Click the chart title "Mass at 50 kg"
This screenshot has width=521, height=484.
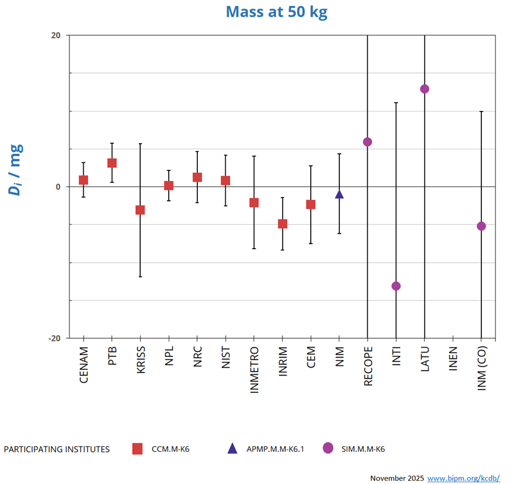tap(276, 12)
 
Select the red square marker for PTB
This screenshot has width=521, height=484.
tap(112, 163)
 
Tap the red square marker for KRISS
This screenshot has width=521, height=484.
tap(140, 210)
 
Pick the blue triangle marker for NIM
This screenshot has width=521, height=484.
tap(339, 195)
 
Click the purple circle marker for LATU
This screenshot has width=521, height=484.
tap(425, 89)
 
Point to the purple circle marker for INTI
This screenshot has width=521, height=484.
tap(396, 286)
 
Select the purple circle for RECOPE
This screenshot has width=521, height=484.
tap(368, 142)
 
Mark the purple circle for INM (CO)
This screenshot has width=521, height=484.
tap(481, 226)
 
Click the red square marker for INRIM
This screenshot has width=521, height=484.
tap(282, 224)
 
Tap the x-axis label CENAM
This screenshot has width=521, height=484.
tap(84, 365)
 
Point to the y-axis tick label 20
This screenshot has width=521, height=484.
tap(56, 35)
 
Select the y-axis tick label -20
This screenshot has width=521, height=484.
tap(55, 338)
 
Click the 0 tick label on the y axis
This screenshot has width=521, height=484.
tap(58, 187)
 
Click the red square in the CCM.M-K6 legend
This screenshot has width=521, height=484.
tap(138, 449)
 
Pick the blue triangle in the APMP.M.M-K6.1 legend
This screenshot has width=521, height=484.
tap(232, 448)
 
